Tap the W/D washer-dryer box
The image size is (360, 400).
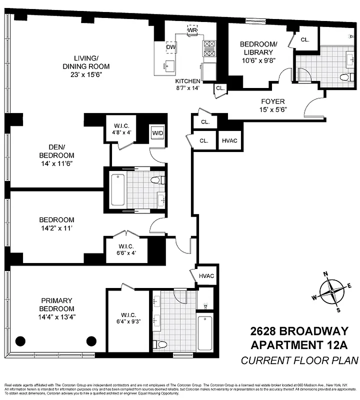click(157, 133)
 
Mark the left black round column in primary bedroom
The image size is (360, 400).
click(20, 341)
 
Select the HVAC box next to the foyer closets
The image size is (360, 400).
click(229, 140)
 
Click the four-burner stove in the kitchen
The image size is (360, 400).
click(209, 49)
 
